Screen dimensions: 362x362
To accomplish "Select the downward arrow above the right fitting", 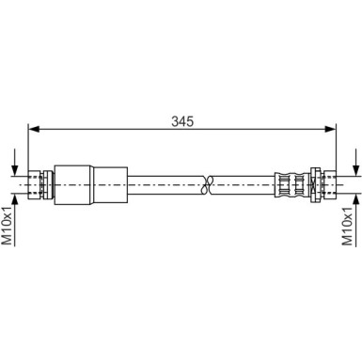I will tap(354, 160).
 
